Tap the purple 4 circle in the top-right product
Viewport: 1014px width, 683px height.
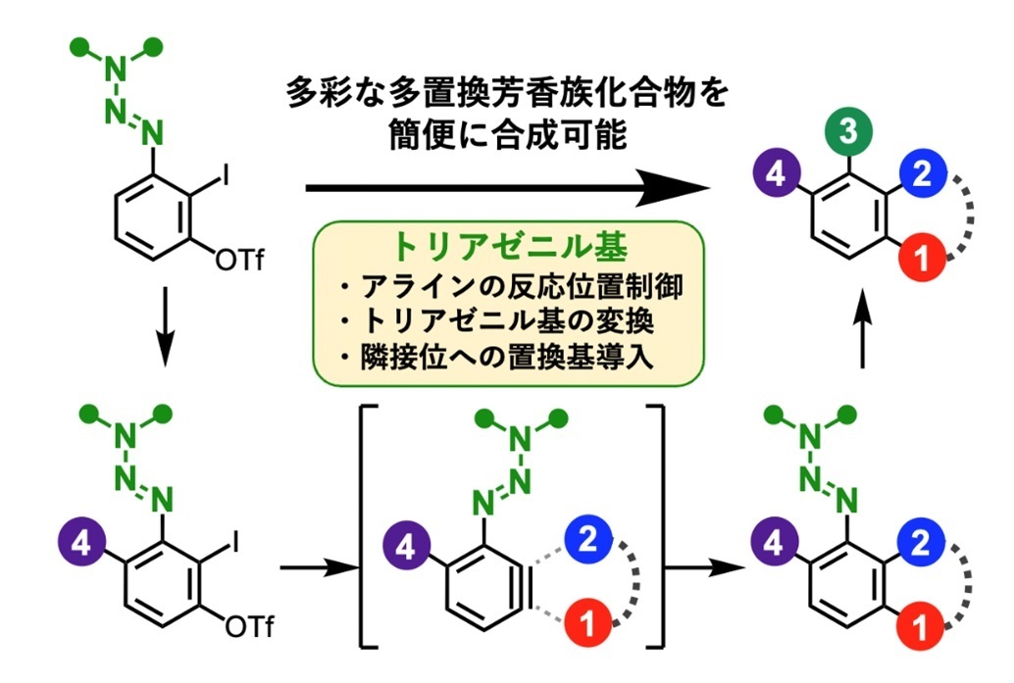[775, 176]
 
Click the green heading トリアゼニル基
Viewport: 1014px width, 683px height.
[508, 247]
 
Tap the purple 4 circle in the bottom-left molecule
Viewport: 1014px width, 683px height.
[83, 542]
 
